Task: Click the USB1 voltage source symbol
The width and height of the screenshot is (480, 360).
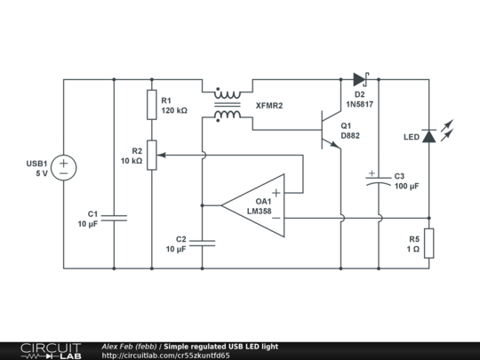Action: [x=64, y=165]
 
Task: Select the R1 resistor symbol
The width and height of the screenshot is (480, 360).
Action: [x=152, y=105]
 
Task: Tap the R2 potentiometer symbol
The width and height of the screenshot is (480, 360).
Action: [x=152, y=155]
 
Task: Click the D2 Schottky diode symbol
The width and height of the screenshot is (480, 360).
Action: [x=360, y=79]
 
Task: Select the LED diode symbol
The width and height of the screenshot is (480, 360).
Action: [x=429, y=136]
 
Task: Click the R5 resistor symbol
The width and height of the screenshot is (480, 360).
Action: [x=429, y=244]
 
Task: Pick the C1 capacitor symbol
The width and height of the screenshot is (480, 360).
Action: [x=115, y=218]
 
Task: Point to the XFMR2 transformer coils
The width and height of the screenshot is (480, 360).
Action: [x=228, y=105]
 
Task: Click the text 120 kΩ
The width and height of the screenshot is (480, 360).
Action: [x=174, y=111]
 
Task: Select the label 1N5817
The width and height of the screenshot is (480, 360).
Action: [x=360, y=104]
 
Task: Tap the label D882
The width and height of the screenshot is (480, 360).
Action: [x=350, y=136]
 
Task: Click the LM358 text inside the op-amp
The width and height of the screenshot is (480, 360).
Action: [x=260, y=211]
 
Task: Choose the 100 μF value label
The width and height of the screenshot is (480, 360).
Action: [x=407, y=187]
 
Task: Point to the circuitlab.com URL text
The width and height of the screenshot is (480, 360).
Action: [x=165, y=356]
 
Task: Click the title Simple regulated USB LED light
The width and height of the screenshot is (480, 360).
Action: [x=220, y=346]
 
